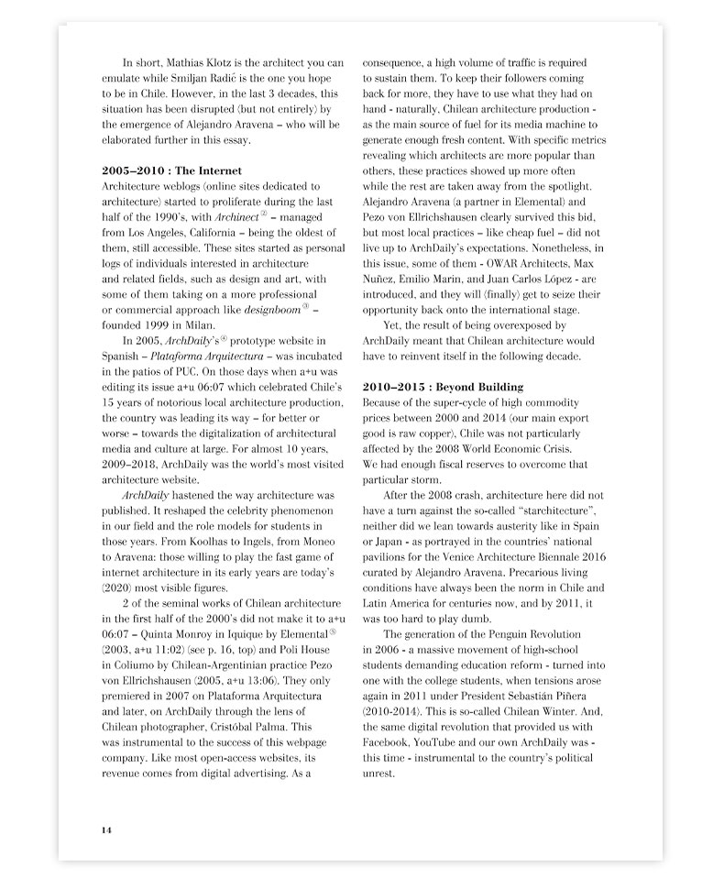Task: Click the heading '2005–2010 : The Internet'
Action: pyautogui.click(x=173, y=170)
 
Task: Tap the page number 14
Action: pyautogui.click(x=106, y=829)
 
